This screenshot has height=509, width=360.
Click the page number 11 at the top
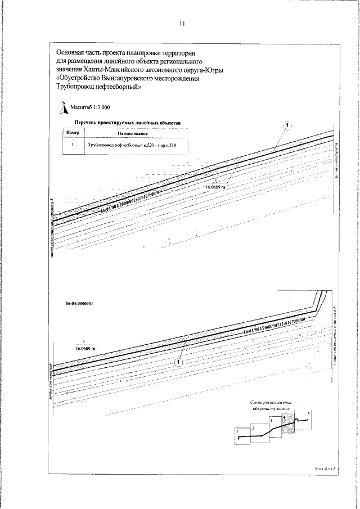pyautogui.click(x=181, y=24)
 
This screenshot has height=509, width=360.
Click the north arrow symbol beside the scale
pyautogui.click(x=65, y=107)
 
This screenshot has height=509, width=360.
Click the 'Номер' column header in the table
pyautogui.click(x=74, y=133)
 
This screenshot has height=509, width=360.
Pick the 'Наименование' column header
pyautogui.click(x=133, y=133)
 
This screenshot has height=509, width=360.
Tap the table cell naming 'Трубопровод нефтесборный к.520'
pyautogui.click(x=133, y=145)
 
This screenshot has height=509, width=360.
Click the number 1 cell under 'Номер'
pyautogui.click(x=74, y=145)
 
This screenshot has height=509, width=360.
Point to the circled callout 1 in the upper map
pyautogui.click(x=287, y=124)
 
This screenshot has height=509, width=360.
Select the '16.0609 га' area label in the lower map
pyautogui.click(x=83, y=349)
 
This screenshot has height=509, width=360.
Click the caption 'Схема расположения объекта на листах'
pyautogui.click(x=272, y=407)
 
